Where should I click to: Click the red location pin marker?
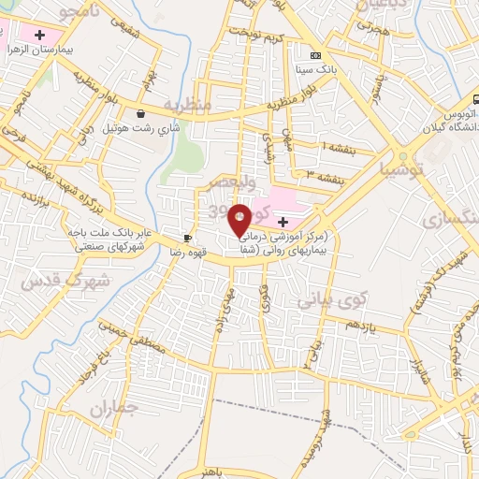pyautogui.click(x=240, y=219)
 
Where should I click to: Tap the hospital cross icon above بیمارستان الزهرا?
pyautogui.click(x=38, y=36)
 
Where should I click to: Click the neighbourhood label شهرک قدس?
pyautogui.click(x=65, y=279)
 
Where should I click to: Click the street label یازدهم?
pyautogui.click(x=360, y=326)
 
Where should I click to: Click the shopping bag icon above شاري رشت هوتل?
pyautogui.click(x=140, y=109)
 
